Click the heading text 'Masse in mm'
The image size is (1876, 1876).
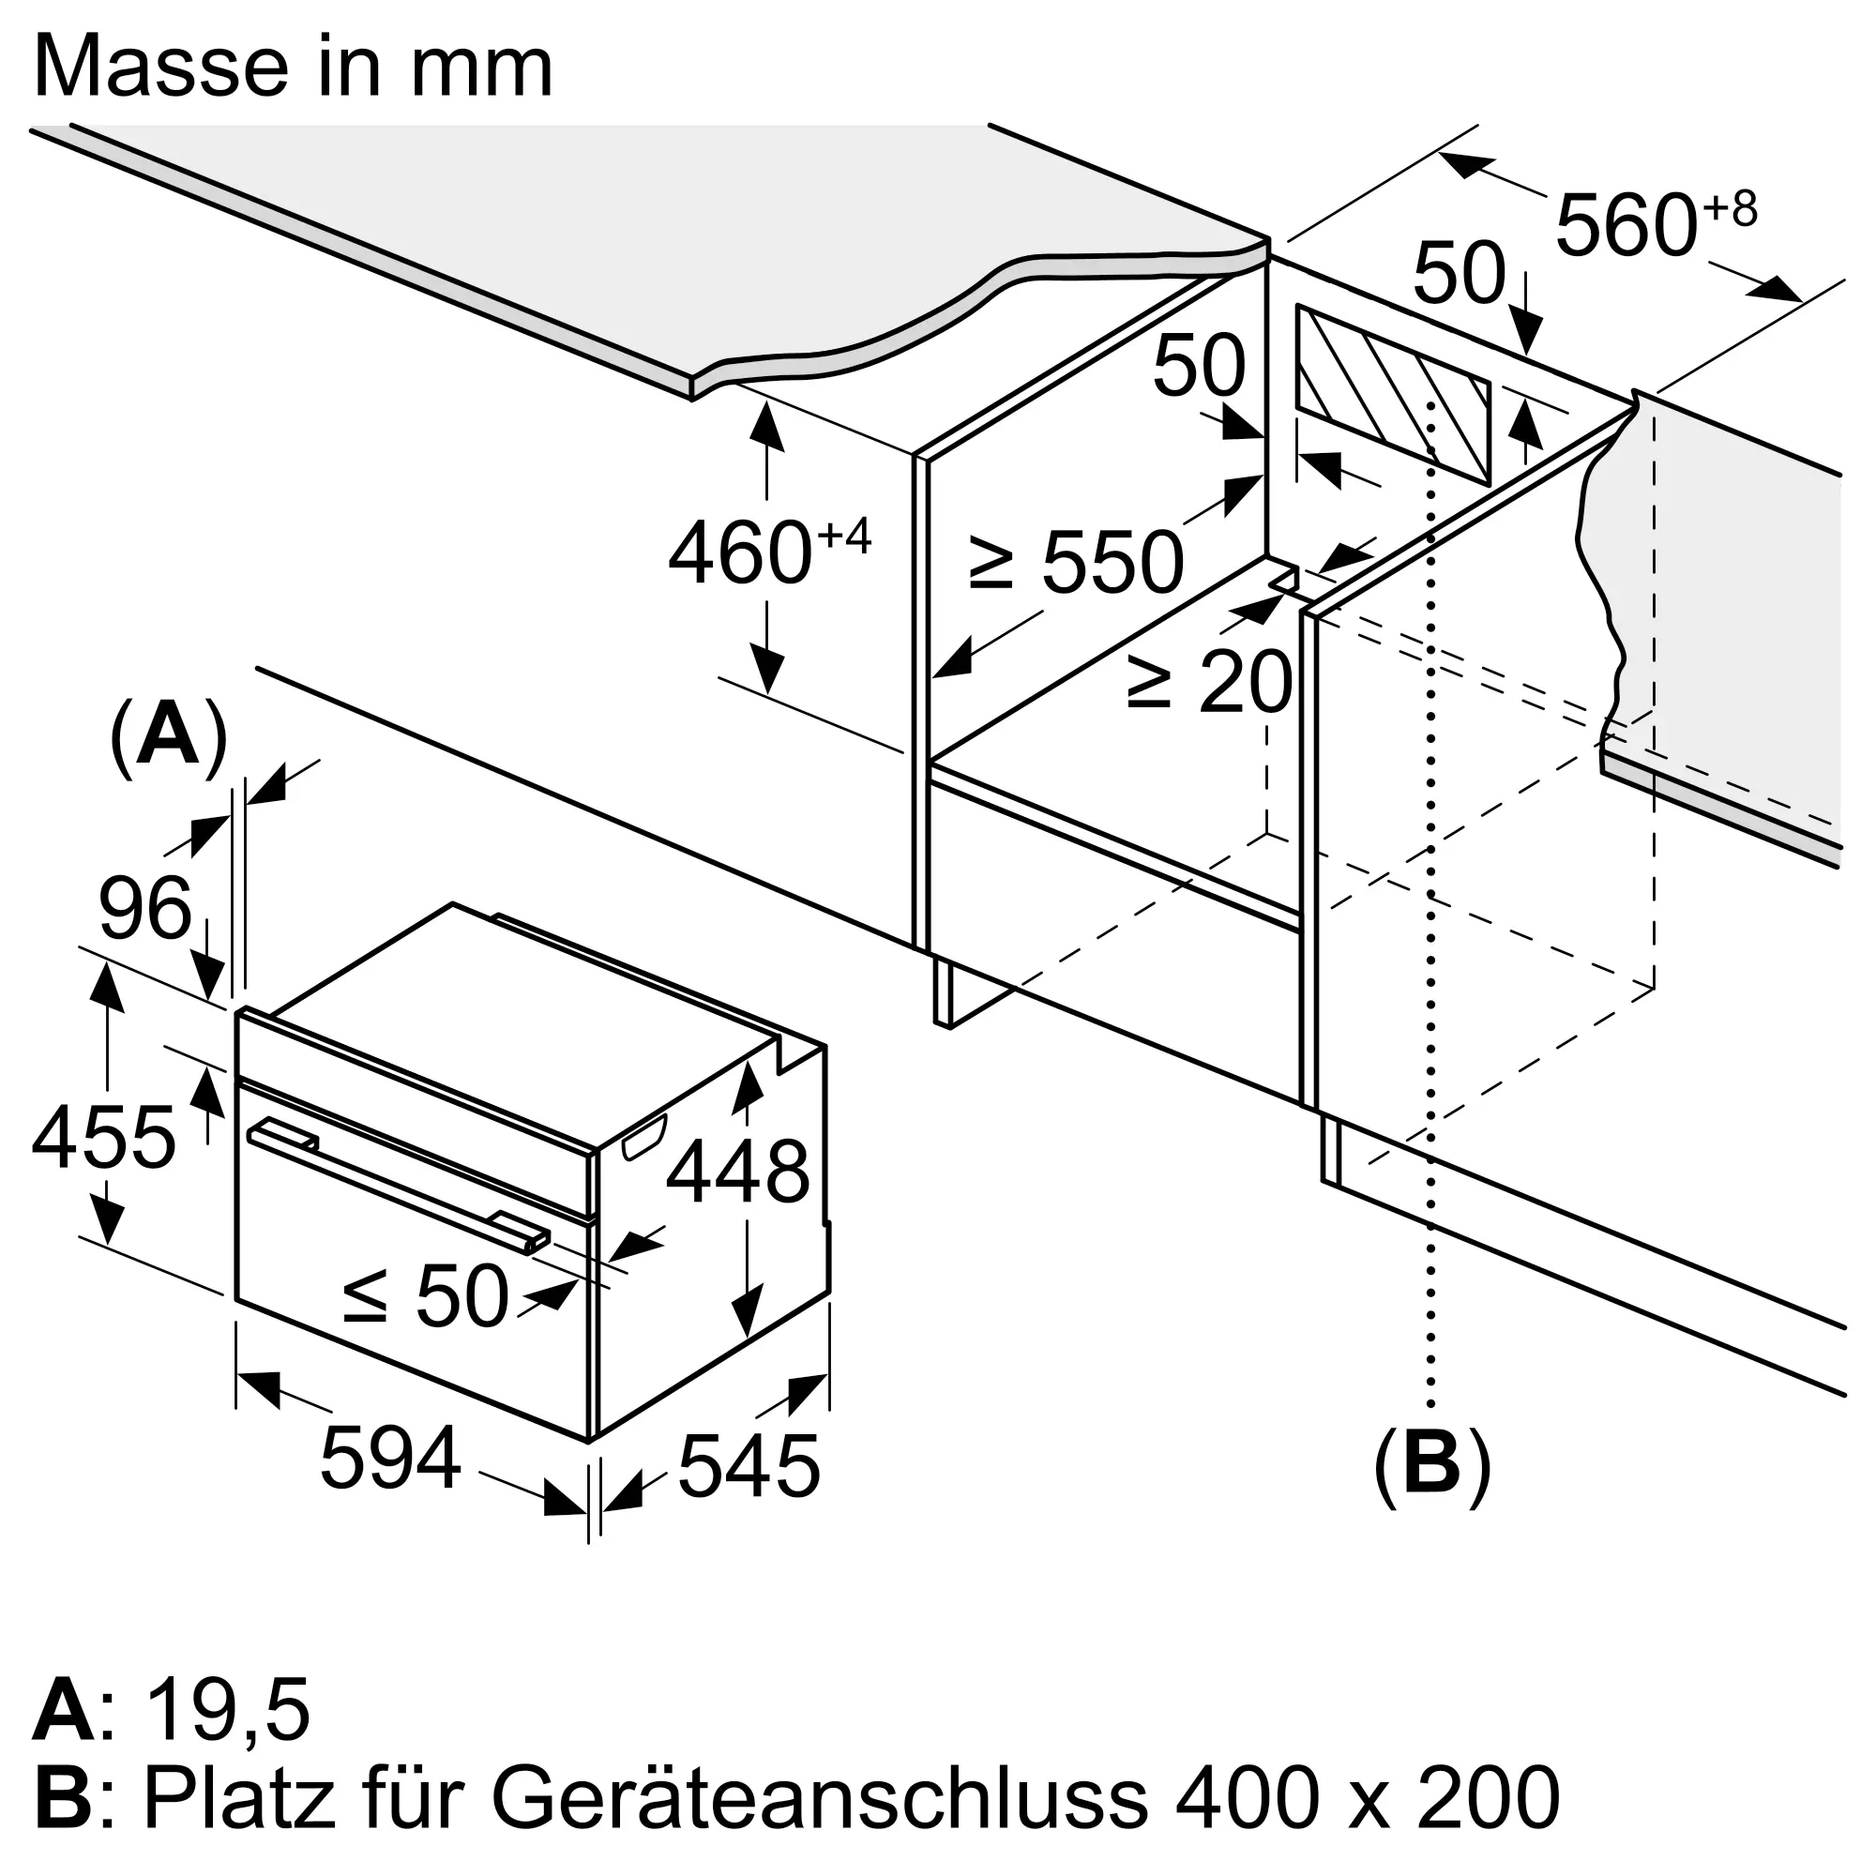[x=293, y=67]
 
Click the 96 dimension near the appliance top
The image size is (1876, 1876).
[x=144, y=909]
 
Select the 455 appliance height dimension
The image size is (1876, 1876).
[x=104, y=1138]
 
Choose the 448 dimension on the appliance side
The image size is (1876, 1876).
[x=737, y=1172]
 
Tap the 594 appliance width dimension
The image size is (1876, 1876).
[x=390, y=1458]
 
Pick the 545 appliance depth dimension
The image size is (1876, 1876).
[x=749, y=1466]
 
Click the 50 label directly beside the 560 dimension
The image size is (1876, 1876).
[x=1459, y=273]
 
